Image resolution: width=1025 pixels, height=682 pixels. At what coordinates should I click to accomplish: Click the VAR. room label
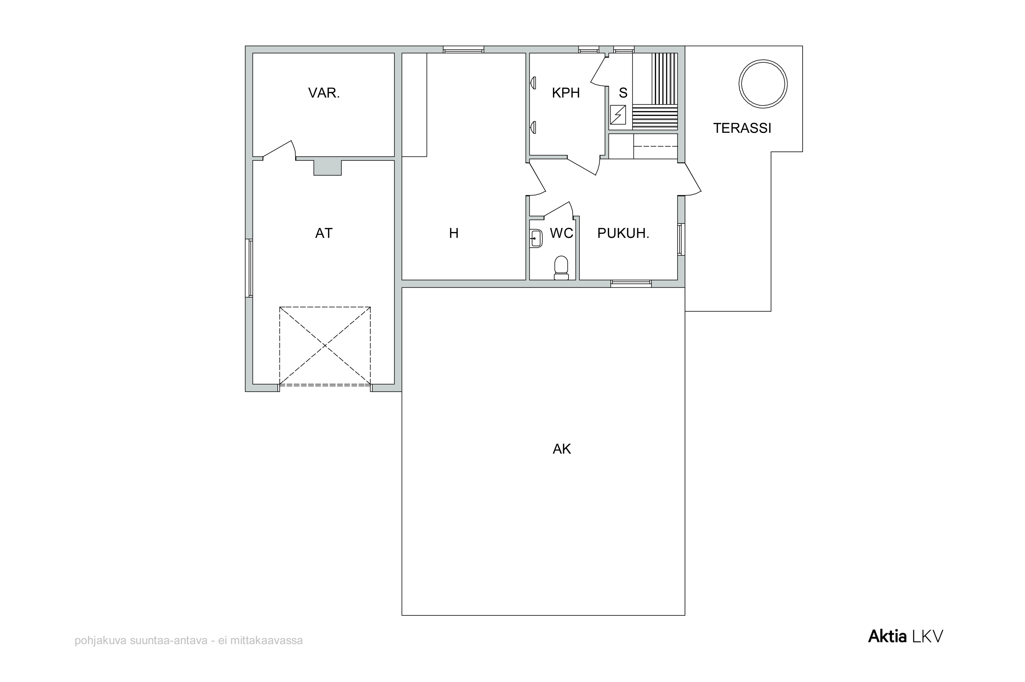click(324, 93)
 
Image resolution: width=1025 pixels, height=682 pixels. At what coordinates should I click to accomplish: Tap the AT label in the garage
click(324, 234)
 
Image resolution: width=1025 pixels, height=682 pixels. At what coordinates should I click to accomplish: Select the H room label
click(454, 234)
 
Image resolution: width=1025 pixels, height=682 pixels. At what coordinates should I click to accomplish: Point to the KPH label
click(565, 93)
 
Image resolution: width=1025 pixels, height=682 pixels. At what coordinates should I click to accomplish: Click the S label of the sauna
click(623, 93)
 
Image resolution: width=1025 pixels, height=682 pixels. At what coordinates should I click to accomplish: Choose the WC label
click(561, 234)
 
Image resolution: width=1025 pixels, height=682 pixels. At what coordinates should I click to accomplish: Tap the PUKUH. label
click(623, 234)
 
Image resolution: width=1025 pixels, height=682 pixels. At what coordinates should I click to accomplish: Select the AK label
click(561, 449)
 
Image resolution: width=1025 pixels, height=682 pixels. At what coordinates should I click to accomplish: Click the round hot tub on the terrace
click(763, 84)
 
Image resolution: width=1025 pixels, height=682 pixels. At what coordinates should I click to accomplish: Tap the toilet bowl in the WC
click(561, 268)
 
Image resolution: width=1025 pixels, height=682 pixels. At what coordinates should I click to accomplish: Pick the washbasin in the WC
click(536, 239)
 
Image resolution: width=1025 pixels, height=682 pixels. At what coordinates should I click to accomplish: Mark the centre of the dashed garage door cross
click(325, 346)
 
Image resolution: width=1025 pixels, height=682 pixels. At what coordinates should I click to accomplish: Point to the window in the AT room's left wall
click(249, 268)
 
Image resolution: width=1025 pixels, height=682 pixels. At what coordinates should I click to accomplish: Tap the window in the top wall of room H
click(464, 50)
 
